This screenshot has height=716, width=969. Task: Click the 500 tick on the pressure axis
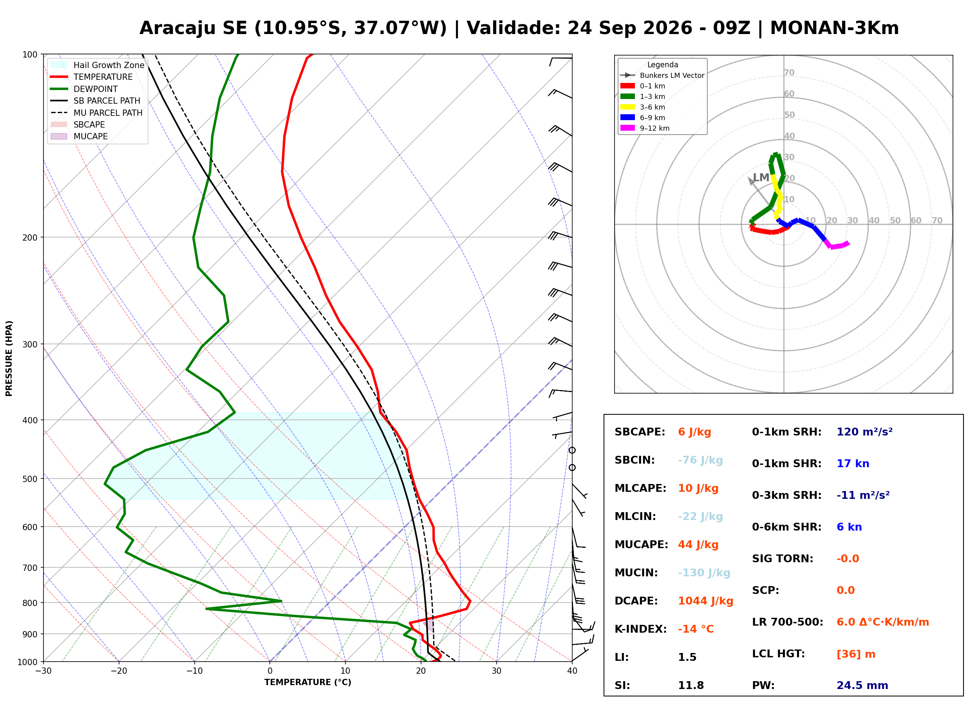pos(30,479)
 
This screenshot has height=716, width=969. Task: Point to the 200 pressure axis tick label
pos(30,237)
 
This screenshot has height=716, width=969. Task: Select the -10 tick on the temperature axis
pos(194,671)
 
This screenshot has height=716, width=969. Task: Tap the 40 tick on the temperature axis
pos(572,671)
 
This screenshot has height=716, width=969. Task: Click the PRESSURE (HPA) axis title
pos(9,358)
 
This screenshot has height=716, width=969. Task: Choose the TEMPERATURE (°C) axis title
pos(307,682)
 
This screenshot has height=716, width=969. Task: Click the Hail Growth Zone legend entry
pos(98,65)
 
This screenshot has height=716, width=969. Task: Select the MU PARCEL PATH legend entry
pos(97,113)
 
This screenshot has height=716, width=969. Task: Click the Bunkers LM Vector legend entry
pos(662,76)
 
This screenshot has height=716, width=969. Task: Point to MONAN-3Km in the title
pos(834,28)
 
